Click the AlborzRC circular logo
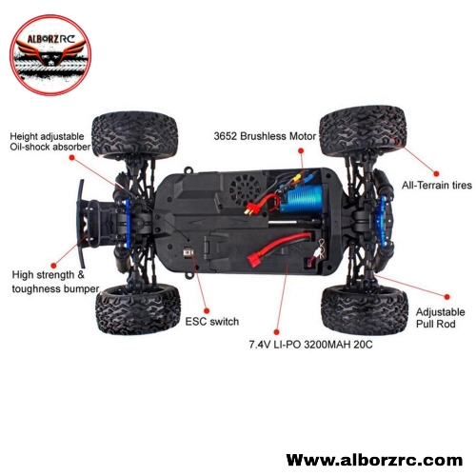pyautogui.click(x=50, y=55)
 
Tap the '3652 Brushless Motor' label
pyautogui.click(x=265, y=136)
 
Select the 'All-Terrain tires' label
pyautogui.click(x=437, y=185)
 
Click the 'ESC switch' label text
pyautogui.click(x=212, y=322)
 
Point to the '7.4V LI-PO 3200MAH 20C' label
pyautogui.click(x=310, y=345)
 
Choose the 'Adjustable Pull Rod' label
pyautogui.click(x=440, y=318)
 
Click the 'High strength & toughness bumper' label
pyautogui.click(x=55, y=282)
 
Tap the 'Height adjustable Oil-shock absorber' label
pyautogui.click(x=50, y=142)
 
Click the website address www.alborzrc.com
pyautogui.click(x=374, y=460)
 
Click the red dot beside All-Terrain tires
pyautogui.click(x=436, y=173)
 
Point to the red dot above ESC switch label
pyautogui.click(x=207, y=310)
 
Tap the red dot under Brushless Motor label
pyautogui.click(x=301, y=150)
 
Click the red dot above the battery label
pyautogui.click(x=276, y=332)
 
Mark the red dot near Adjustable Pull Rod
pyautogui.click(x=446, y=297)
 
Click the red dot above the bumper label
pyautogui.click(x=53, y=266)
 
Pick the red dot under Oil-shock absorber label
pyautogui.click(x=72, y=157)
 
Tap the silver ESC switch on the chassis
pyautogui.click(x=188, y=253)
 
